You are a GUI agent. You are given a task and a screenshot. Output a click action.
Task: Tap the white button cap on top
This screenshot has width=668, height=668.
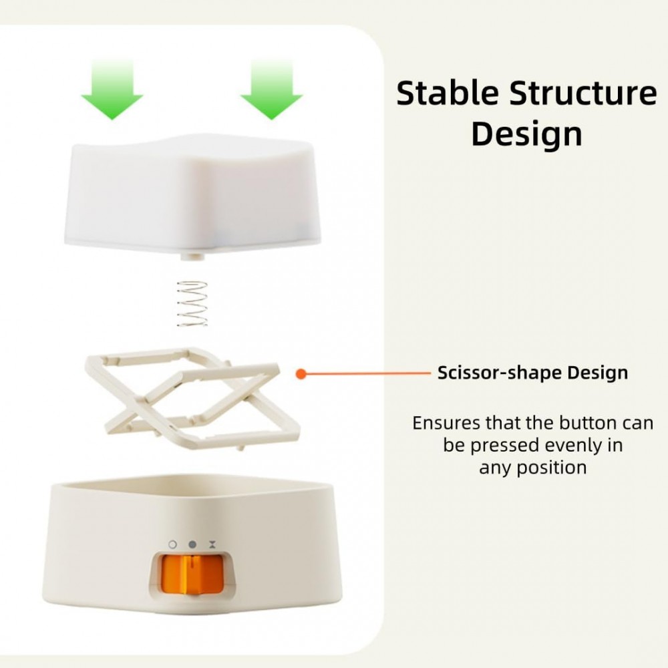(x=192, y=194)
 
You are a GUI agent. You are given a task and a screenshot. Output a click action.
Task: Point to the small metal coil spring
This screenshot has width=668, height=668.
(x=192, y=304)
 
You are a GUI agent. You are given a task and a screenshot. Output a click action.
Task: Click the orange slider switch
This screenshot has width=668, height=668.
(x=192, y=574)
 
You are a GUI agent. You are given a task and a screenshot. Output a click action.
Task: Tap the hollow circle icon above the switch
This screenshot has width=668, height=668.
(x=172, y=544)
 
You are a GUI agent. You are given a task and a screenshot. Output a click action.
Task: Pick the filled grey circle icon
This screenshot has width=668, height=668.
(x=192, y=544)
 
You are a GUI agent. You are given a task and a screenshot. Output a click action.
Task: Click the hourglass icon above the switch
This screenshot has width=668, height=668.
(x=212, y=544)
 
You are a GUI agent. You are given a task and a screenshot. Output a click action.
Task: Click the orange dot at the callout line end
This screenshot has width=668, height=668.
(x=301, y=374)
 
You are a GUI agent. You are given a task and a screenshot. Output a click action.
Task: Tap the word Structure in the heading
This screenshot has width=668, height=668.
(x=583, y=94)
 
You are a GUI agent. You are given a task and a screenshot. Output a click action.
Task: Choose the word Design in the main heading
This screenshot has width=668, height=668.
(x=526, y=134)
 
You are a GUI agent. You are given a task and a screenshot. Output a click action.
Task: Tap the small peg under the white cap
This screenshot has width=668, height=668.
(x=192, y=257)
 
